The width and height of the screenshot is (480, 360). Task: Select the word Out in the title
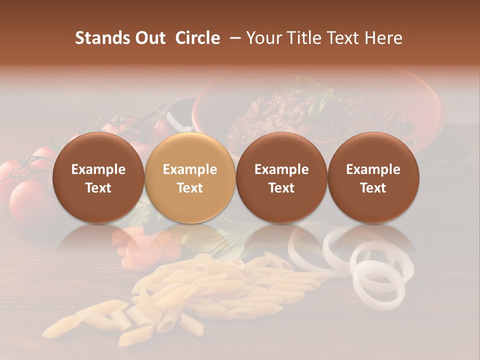point(149,38)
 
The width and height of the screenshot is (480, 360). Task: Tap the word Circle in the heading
point(197,38)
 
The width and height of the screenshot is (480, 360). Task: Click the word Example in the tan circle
point(190,169)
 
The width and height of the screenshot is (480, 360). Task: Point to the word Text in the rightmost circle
point(373,188)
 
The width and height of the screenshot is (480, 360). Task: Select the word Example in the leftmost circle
point(98,169)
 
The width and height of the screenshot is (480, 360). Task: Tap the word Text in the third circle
point(281,188)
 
